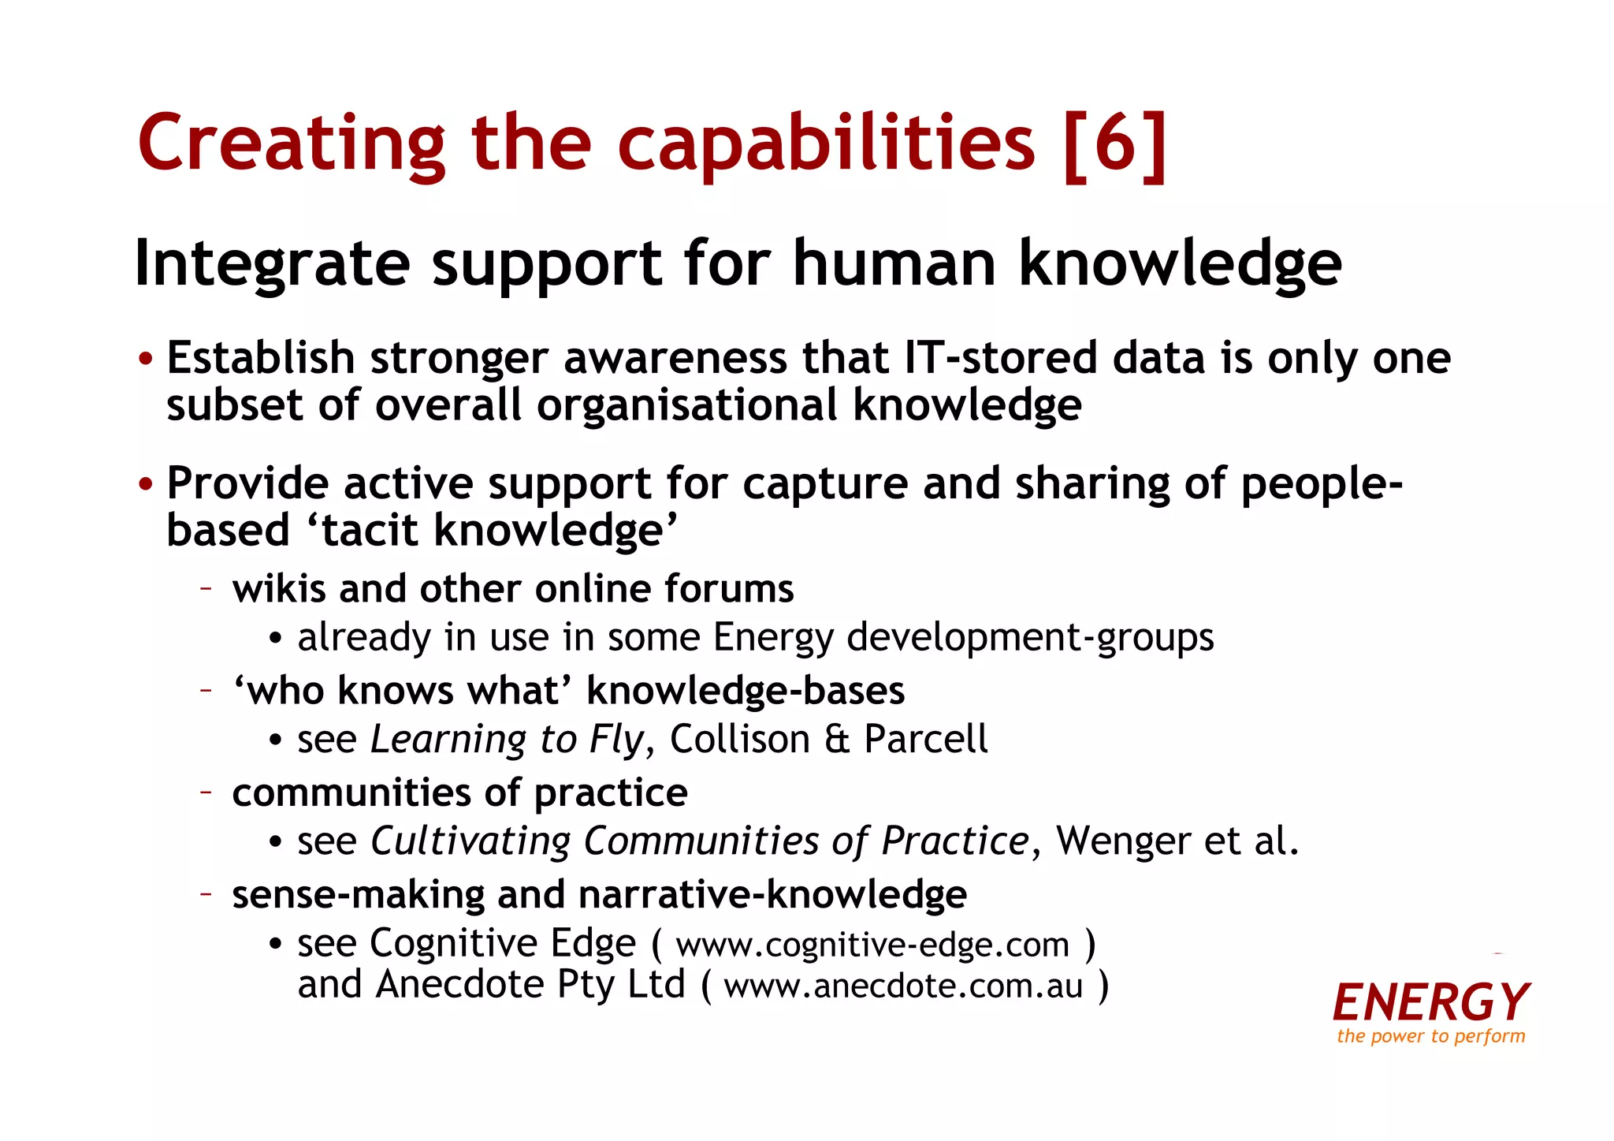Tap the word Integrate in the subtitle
point(273,264)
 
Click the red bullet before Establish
point(146,360)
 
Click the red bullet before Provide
point(146,484)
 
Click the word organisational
point(686,405)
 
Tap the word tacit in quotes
point(371,530)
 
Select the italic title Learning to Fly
point(507,740)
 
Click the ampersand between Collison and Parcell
point(838,740)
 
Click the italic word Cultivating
point(470,841)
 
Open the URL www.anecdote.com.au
point(903,986)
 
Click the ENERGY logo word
point(1431,1002)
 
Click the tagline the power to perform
point(1431,1036)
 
